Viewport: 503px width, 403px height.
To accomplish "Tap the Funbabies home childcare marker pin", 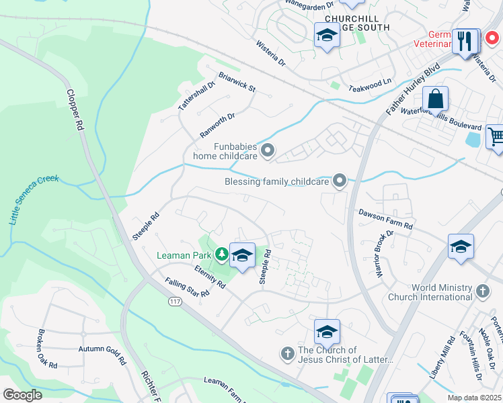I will (268, 151).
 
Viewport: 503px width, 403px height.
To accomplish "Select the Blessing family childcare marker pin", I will (340, 180).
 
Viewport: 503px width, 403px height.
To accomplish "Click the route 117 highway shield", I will (175, 303).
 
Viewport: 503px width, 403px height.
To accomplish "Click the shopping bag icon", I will (436, 100).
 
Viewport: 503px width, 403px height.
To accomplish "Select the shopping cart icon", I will (495, 136).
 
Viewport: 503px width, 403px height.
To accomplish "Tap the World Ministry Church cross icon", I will (482, 292).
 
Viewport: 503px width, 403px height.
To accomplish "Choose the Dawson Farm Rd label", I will (385, 220).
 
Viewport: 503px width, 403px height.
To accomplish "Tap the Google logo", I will (22, 395).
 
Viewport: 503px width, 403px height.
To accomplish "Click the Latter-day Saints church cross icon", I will (287, 354).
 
